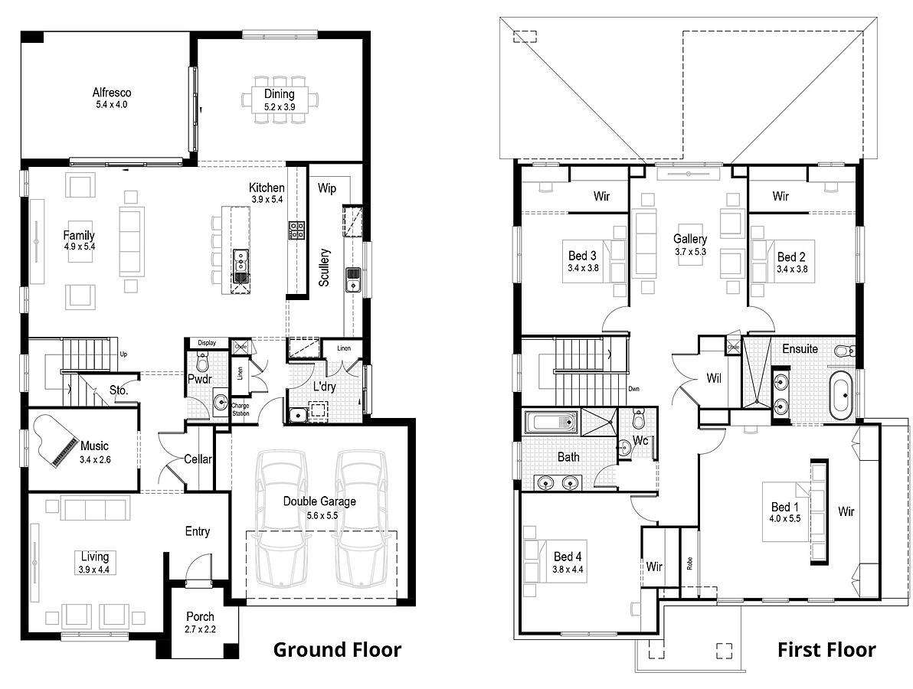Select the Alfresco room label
point(111,93)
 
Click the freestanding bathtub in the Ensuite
point(841,395)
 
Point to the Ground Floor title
point(337,650)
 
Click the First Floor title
point(826,650)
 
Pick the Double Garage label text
point(319,501)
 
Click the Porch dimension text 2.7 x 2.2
point(201,629)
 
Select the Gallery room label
point(690,239)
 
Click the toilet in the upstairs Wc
point(640,420)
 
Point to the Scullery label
point(325,267)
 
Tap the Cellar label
point(198,459)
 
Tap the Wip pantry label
point(328,188)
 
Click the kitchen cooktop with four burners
point(296,230)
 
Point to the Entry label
point(197,531)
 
